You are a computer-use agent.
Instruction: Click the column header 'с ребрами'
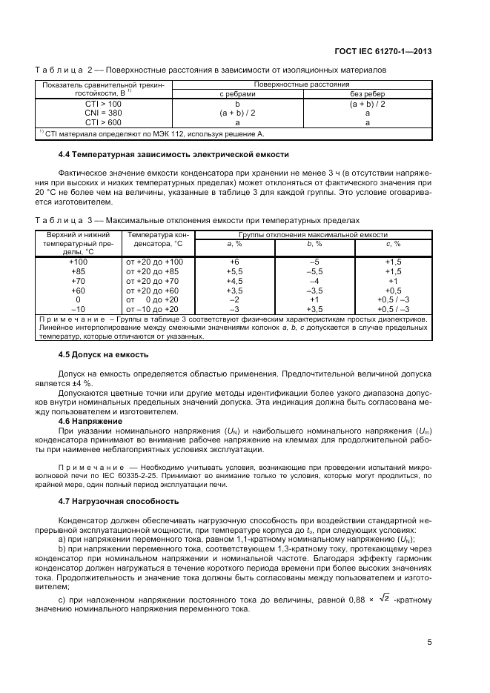pos(237,95)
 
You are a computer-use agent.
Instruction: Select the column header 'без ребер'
pos(368,95)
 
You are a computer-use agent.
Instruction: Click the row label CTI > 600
pos(103,122)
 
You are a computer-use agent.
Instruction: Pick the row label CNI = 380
pos(103,113)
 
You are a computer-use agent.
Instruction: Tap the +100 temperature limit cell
pos(79,262)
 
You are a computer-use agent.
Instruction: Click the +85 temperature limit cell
pos(79,271)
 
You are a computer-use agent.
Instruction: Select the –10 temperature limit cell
pos(79,308)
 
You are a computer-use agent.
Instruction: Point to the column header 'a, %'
pos(234,243)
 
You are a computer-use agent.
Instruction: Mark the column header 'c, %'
pos(393,243)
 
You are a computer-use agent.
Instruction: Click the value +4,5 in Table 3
pos(234,281)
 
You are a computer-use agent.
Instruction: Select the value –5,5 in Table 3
pos(314,271)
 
